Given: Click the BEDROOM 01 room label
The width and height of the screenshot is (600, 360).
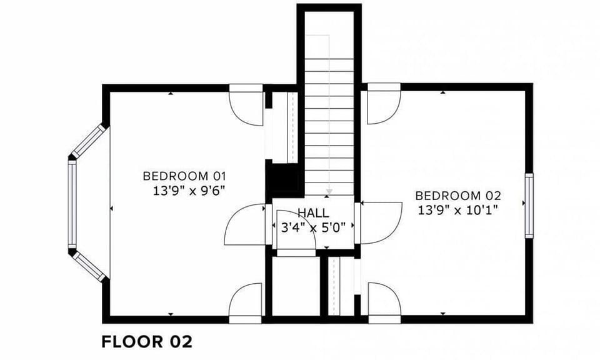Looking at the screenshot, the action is tap(184, 176).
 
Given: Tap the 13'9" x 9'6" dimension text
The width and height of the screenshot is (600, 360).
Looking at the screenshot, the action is tap(189, 191).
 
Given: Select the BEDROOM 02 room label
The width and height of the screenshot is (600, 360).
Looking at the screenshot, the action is tap(458, 196).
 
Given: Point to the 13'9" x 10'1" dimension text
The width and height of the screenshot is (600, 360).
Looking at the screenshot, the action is tap(458, 210).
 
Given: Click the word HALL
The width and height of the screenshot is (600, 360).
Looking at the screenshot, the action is tap(313, 212).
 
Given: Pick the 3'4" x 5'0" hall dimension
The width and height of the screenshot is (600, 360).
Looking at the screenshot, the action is tap(313, 227).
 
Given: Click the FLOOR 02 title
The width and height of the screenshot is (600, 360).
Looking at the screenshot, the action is tap(147, 342).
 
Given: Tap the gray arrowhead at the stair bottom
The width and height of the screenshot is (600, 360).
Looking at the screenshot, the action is tap(329, 191).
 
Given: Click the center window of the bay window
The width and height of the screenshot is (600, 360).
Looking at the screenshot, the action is tap(72, 204).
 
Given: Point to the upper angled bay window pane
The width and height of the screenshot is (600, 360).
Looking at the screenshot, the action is tap(88, 141).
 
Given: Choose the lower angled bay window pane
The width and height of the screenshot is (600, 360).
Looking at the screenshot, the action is tap(88, 267).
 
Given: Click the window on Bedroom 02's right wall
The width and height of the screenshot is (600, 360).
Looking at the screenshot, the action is tap(529, 206).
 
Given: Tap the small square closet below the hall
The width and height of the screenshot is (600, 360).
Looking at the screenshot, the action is tap(296, 286).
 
